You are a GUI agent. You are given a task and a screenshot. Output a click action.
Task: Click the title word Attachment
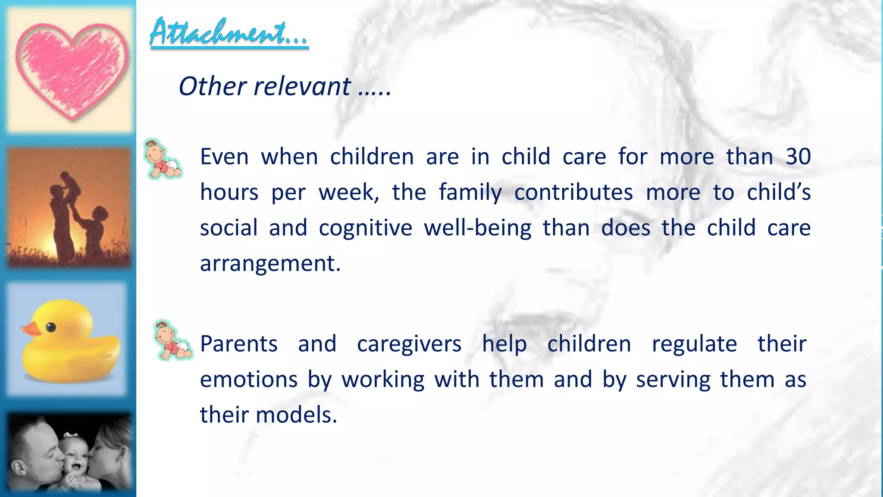pyautogui.click(x=229, y=32)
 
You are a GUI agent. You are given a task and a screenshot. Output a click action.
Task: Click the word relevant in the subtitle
pyautogui.click(x=302, y=86)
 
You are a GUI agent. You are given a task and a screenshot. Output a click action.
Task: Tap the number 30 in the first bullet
pyautogui.click(x=798, y=157)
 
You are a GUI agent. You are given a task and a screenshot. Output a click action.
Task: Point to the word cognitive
pyautogui.click(x=365, y=228)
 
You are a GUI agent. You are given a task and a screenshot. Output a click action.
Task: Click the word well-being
pyautogui.click(x=477, y=228)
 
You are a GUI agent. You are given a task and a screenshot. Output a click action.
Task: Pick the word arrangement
pyautogui.click(x=270, y=263)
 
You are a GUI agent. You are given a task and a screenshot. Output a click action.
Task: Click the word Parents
pyautogui.click(x=239, y=344)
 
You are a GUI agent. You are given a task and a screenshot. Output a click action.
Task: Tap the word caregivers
pyautogui.click(x=409, y=344)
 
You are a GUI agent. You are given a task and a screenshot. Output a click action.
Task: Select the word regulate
pyautogui.click(x=694, y=344)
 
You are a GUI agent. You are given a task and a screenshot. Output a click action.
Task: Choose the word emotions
pyautogui.click(x=249, y=380)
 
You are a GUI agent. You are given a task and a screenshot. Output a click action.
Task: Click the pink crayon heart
pyautogui.click(x=72, y=69)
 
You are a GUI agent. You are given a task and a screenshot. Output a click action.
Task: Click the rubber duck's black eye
pyautogui.click(x=51, y=327)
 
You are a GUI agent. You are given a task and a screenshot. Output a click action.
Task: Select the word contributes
pyautogui.click(x=573, y=192)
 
